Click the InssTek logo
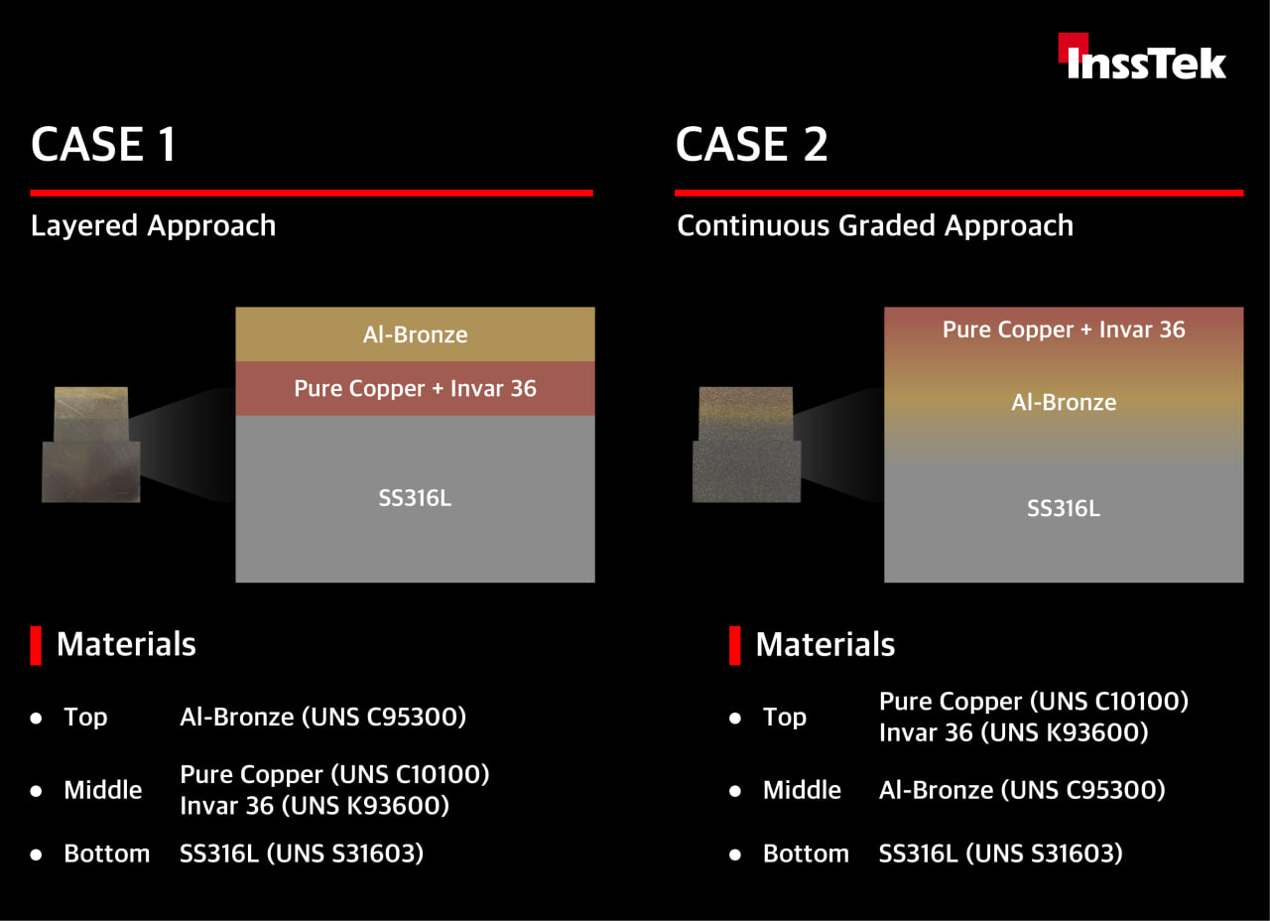(x=1142, y=57)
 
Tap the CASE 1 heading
(x=103, y=144)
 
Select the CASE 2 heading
(x=752, y=144)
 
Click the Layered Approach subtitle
(x=153, y=225)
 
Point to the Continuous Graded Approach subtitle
(x=875, y=225)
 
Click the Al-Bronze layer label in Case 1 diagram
(x=415, y=334)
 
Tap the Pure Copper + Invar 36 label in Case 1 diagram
(x=415, y=388)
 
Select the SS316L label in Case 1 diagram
(x=415, y=498)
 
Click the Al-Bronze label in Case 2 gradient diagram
(x=1064, y=402)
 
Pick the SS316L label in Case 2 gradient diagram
(x=1064, y=508)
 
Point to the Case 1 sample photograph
(x=90, y=444)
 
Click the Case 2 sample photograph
(x=747, y=444)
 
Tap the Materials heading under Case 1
(x=126, y=644)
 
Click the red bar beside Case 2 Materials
(x=735, y=645)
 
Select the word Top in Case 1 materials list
(x=85, y=718)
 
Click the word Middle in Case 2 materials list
(x=802, y=790)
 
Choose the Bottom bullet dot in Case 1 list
(x=37, y=855)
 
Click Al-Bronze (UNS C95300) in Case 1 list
(x=323, y=717)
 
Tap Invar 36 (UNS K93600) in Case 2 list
(x=1014, y=732)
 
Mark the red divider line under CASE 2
(x=959, y=193)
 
